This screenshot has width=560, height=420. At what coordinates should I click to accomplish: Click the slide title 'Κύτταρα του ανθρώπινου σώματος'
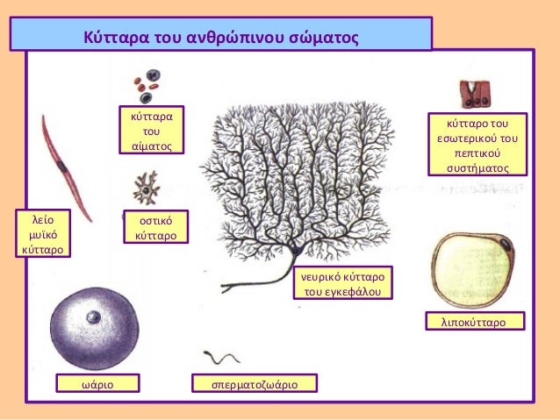(x=221, y=39)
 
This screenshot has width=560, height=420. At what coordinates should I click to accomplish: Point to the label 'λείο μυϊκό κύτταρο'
(x=43, y=232)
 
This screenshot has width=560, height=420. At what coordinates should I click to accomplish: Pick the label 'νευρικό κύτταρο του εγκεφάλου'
(x=342, y=283)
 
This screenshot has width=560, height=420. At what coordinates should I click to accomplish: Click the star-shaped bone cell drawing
(x=144, y=187)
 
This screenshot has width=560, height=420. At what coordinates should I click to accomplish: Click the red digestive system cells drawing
(x=474, y=92)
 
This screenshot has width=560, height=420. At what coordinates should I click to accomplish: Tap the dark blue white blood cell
(x=154, y=77)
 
